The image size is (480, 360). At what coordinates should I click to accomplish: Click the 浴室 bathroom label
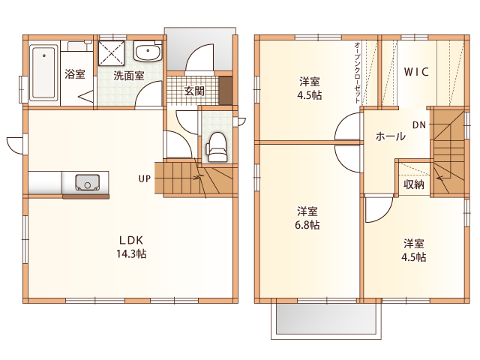(75, 73)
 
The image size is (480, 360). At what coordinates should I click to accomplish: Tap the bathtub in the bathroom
(43, 72)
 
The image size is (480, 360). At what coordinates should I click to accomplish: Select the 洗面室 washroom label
(129, 76)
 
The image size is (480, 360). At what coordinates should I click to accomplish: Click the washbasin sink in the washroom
(148, 52)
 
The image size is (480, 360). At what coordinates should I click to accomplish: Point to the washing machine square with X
(112, 52)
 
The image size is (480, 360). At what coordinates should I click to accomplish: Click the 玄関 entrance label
(194, 91)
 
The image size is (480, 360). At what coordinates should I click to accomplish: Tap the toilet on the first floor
(217, 147)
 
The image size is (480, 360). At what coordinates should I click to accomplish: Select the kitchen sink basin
(87, 182)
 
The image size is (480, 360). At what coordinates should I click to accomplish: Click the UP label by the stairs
(145, 178)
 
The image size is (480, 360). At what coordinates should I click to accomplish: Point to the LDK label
(131, 240)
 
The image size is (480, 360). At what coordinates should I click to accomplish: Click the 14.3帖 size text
(131, 253)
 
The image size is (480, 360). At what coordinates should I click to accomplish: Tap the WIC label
(416, 72)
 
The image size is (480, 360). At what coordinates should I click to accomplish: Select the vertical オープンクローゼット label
(357, 73)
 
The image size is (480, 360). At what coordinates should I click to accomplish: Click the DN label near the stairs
(419, 125)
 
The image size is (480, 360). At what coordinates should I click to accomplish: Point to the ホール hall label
(390, 136)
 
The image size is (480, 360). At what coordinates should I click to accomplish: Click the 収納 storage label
(414, 184)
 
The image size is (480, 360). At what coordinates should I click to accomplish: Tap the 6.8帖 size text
(307, 225)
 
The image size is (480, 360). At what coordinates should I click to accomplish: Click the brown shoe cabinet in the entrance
(226, 91)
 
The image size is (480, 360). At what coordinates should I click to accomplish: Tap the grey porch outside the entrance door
(200, 49)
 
